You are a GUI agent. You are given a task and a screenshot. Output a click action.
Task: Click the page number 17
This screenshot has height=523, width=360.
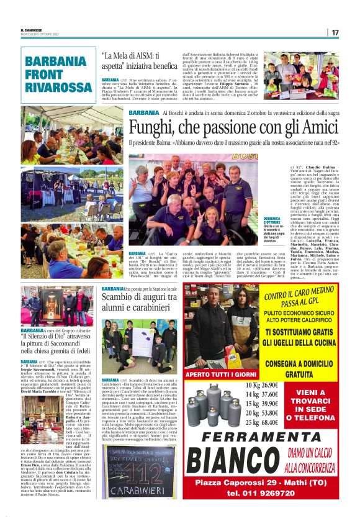[x=335, y=32]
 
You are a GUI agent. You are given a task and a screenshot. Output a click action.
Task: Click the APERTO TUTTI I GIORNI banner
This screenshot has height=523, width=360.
[x=220, y=375]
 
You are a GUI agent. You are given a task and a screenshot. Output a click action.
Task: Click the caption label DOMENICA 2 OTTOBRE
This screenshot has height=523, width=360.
[x=272, y=221]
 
